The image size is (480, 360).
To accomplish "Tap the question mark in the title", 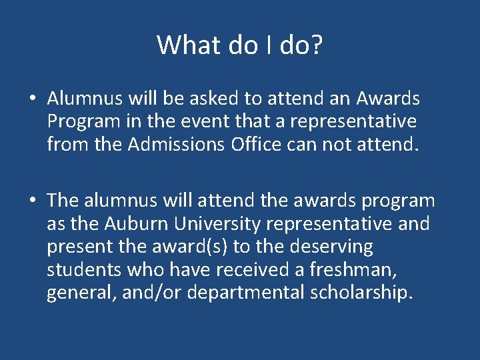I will click(x=317, y=45).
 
